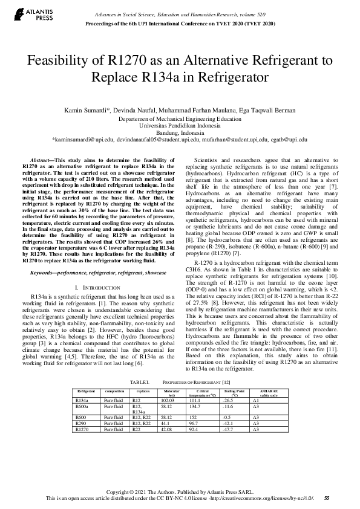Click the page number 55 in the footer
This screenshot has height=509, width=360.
click(x=327, y=498)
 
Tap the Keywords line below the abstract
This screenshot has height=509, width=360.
click(x=91, y=273)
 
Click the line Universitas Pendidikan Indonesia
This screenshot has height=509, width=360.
click(x=180, y=126)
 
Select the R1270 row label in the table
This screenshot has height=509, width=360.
click(x=81, y=429)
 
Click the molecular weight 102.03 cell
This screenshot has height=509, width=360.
click(x=167, y=400)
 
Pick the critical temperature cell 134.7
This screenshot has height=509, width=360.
click(x=195, y=406)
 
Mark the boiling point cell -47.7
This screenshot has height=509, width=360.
click(x=227, y=429)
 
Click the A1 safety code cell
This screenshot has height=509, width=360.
click(x=255, y=400)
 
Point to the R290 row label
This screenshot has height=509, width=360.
click(x=80, y=423)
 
